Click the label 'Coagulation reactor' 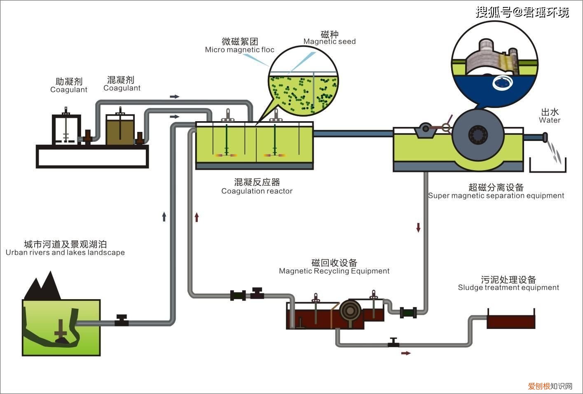[x=257, y=191]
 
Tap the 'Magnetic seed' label [x=329, y=42]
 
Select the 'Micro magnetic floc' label [x=239, y=50]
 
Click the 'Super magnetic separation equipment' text [x=496, y=196]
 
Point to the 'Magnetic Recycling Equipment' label [x=334, y=271]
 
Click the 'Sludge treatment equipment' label [x=508, y=288]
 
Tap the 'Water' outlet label [x=550, y=120]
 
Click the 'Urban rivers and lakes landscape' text [x=65, y=253]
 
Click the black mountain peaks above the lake [x=43, y=286]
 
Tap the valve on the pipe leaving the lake [x=121, y=321]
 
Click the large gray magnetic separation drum [x=478, y=134]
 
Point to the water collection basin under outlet [x=547, y=167]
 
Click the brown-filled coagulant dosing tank [x=120, y=130]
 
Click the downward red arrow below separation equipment [x=418, y=227]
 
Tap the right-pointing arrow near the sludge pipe [x=406, y=353]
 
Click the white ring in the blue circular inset [x=503, y=83]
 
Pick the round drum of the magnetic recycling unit [x=351, y=310]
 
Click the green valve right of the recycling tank [x=408, y=312]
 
